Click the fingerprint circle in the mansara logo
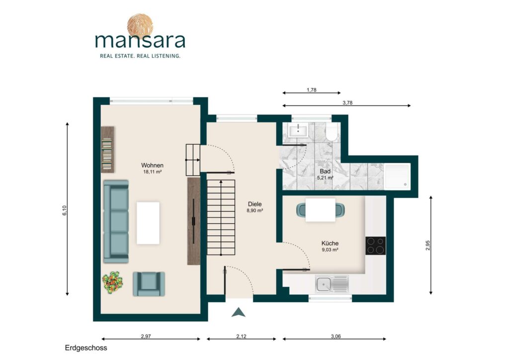[140, 25]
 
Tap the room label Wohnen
[152, 165]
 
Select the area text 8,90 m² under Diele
[255, 211]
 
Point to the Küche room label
[330, 243]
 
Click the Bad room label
[325, 172]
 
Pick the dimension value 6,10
[64, 210]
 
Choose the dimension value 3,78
[347, 102]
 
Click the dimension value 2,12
[241, 336]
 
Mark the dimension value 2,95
[427, 245]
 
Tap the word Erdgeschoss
[86, 348]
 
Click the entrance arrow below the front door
[239, 312]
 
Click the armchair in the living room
[149, 284]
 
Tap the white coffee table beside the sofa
[148, 223]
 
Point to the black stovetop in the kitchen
[376, 246]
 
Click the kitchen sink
[332, 285]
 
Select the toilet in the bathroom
[332, 132]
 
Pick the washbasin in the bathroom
[298, 130]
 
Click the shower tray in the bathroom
[397, 176]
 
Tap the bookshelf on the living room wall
[107, 150]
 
